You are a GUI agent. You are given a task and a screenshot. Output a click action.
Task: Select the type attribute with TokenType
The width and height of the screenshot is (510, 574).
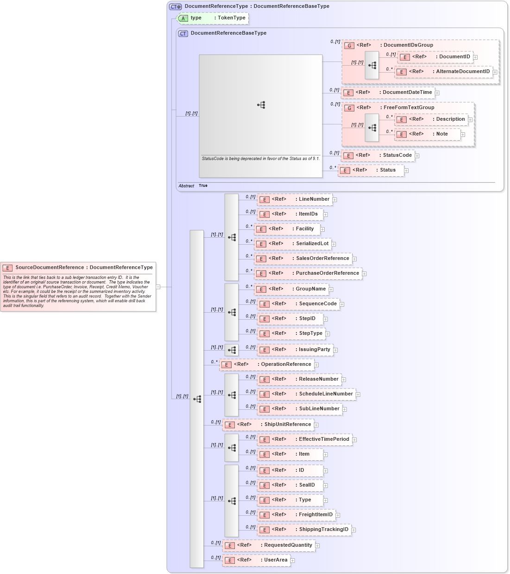214,18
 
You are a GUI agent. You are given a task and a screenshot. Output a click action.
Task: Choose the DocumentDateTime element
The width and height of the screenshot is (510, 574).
389,93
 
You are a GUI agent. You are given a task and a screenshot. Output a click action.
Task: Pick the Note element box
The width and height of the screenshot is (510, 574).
428,134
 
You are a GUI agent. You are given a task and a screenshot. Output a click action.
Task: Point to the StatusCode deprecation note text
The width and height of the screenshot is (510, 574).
260,159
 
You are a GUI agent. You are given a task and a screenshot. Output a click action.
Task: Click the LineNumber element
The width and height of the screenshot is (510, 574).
295,199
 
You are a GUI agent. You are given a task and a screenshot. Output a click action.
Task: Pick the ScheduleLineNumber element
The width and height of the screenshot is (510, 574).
308,394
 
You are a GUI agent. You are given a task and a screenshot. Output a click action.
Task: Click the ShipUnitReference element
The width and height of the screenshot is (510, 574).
269,425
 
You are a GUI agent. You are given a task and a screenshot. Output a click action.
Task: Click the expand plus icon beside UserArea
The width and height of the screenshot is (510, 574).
293,561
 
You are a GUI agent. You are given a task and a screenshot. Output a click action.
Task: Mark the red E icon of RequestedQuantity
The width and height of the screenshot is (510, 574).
230,546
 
